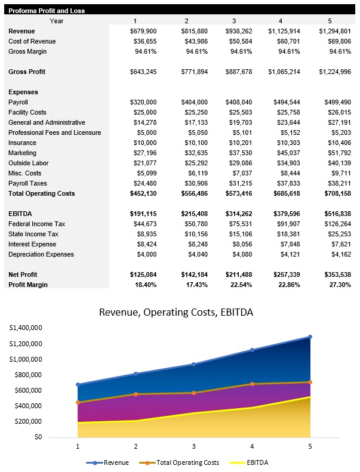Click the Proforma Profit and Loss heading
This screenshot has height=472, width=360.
(x=47, y=11)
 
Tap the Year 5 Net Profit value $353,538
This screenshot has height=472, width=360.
(x=335, y=274)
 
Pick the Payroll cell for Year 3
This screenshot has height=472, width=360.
(x=239, y=102)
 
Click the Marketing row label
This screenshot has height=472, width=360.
(x=23, y=153)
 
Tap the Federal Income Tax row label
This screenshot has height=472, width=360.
(x=36, y=224)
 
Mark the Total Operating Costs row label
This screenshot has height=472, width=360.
(x=42, y=193)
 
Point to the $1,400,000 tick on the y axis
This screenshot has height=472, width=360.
(x=25, y=328)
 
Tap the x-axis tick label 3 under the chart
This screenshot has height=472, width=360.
(x=193, y=446)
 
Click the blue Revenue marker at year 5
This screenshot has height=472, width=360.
(x=310, y=337)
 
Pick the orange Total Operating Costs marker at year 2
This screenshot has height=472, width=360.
(x=136, y=394)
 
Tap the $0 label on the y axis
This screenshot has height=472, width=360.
(x=37, y=437)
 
